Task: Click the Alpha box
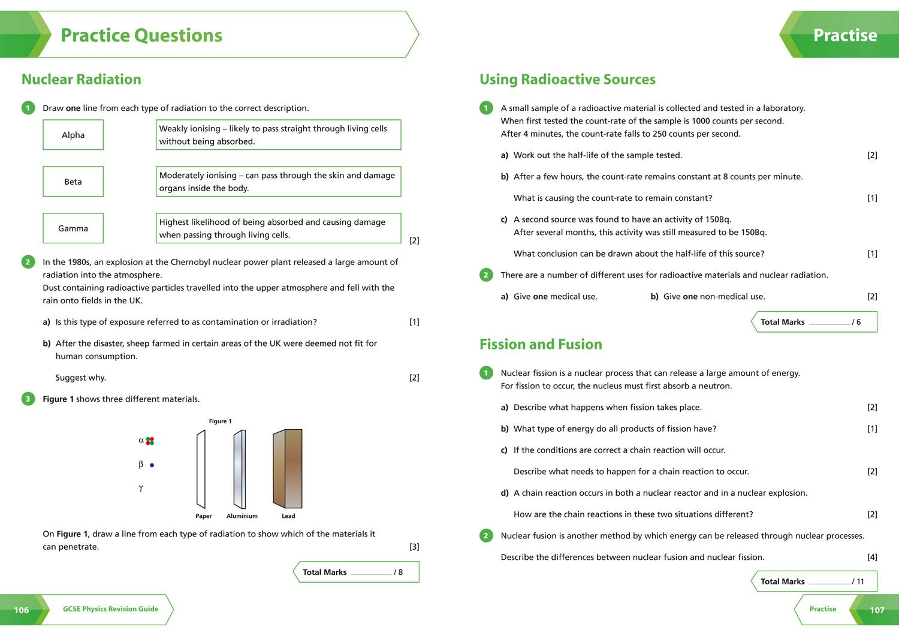tap(73, 135)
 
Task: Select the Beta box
tap(73, 182)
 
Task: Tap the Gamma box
tap(73, 228)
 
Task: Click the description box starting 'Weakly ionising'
tap(278, 135)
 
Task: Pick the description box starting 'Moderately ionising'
tap(278, 182)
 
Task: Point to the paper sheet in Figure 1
tap(201, 469)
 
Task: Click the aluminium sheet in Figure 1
tap(240, 469)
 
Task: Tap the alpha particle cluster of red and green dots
tap(150, 441)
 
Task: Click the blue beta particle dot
tap(152, 465)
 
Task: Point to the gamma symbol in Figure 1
tap(141, 488)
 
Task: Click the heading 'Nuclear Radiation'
tap(82, 80)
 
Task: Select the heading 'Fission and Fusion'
tap(541, 345)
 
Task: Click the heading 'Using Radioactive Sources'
tap(567, 80)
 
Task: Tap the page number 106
tap(22, 610)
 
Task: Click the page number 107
tap(877, 610)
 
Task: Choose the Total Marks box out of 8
tap(357, 572)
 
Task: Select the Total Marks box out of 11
tap(814, 581)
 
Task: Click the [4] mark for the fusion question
tap(872, 557)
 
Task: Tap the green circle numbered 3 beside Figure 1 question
tap(28, 399)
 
